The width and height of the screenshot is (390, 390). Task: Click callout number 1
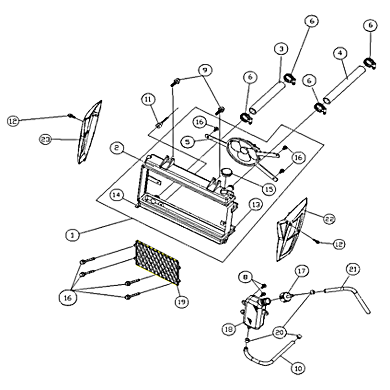73,235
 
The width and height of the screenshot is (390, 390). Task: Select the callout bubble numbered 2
116,148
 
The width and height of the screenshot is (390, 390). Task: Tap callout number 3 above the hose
281,49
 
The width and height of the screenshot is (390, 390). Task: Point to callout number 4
340,53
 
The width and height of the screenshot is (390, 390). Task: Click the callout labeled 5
188,142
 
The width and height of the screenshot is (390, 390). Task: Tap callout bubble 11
148,100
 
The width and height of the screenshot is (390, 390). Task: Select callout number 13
256,205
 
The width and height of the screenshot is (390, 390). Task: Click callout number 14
116,195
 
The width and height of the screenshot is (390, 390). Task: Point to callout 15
269,190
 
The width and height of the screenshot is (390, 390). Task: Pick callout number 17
301,271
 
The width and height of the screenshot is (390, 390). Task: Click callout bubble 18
229,330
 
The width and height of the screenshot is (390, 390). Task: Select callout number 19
181,302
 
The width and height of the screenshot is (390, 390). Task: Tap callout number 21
353,270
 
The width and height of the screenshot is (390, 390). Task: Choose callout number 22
329,219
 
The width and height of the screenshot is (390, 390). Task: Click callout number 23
46,139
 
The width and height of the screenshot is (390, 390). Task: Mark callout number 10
298,368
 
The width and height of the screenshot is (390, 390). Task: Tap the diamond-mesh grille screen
157,263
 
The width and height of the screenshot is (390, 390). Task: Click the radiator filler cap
226,172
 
